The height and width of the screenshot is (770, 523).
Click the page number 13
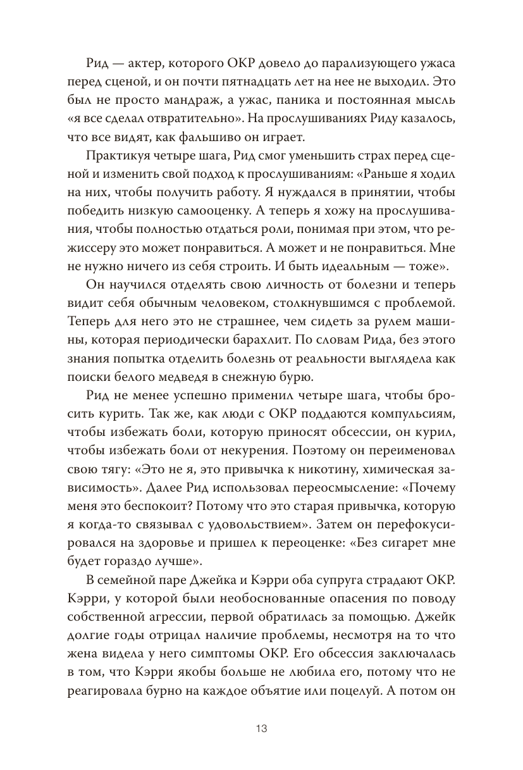click(x=262, y=728)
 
